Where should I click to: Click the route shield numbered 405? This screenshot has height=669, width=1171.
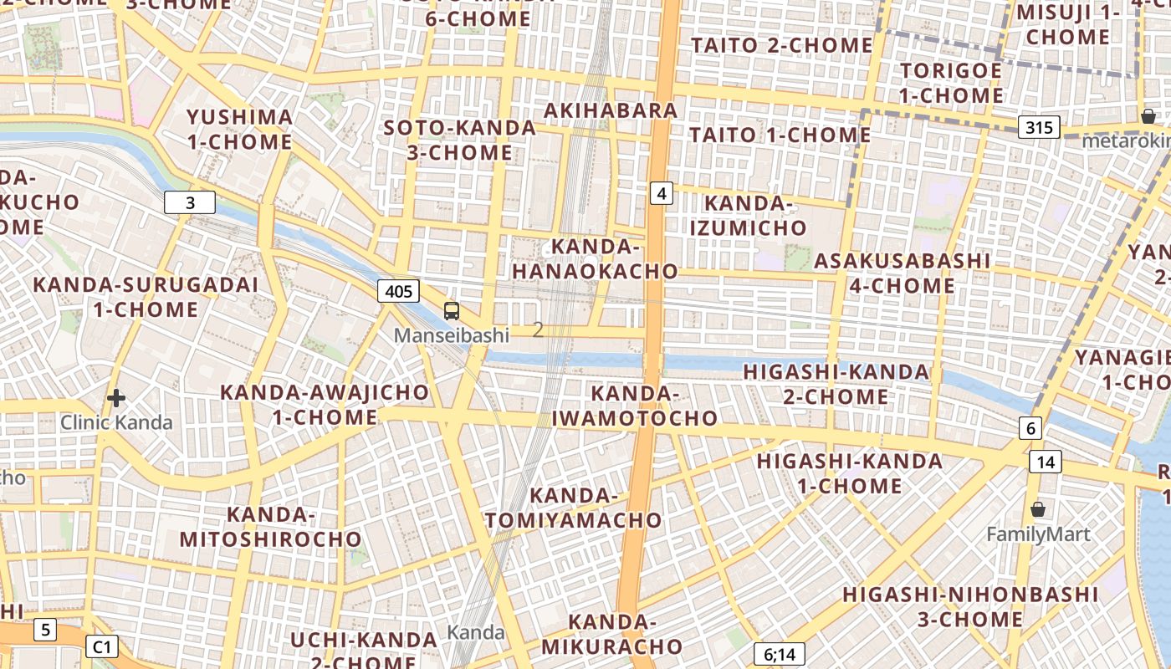(x=398, y=291)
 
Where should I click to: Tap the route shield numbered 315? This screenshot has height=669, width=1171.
(x=1039, y=127)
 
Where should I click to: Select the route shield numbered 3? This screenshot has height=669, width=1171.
(x=190, y=202)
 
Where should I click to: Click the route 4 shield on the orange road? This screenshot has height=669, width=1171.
(x=662, y=194)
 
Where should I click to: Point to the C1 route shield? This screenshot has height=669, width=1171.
(x=101, y=646)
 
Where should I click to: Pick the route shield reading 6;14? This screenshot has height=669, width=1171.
(x=779, y=654)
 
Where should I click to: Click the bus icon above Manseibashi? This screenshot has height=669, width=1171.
(x=452, y=311)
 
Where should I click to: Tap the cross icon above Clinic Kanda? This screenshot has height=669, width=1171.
(x=116, y=398)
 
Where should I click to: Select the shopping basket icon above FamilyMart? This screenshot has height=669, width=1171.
(x=1038, y=508)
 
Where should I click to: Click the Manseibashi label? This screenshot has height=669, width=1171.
(x=452, y=335)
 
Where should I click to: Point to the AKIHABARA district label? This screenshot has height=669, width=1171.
(x=611, y=110)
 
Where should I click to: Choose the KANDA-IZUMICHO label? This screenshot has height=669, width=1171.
(x=749, y=215)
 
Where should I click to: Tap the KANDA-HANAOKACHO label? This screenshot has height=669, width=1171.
(x=595, y=259)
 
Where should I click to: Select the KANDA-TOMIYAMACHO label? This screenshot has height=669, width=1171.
(x=573, y=508)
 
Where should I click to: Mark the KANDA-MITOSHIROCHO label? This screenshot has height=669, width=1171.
(x=270, y=527)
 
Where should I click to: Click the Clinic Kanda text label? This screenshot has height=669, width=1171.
(x=116, y=422)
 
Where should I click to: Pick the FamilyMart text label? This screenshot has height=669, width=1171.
(x=1038, y=534)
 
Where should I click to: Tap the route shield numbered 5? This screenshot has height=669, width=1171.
(x=45, y=630)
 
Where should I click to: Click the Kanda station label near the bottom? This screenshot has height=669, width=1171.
(x=476, y=632)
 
